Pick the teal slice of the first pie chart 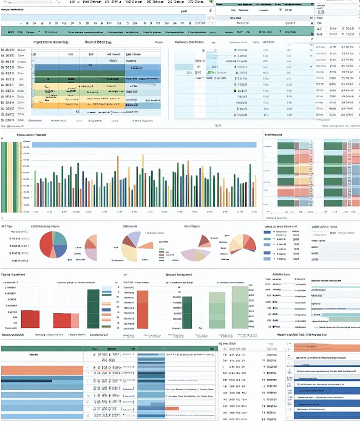[60, 239]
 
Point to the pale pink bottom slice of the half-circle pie [91, 254]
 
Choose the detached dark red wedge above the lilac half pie [204, 241]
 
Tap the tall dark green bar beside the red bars [93, 309]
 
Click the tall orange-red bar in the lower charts [142, 309]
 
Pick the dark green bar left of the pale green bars [187, 312]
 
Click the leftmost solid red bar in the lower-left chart [30, 319]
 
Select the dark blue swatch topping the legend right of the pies [267, 232]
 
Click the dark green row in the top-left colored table [78, 79]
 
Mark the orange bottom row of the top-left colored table [78, 105]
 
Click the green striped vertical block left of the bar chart [10, 177]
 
